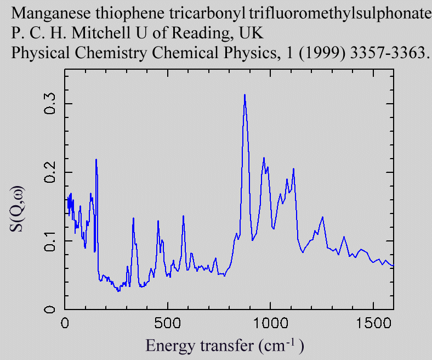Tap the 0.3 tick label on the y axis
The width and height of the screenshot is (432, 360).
tap(50, 103)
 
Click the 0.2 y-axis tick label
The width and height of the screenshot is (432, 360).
tap(50, 172)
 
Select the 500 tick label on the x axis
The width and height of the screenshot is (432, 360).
tap(168, 322)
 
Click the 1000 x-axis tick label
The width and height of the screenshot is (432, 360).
tap(270, 322)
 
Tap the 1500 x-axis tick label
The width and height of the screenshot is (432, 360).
tap(373, 322)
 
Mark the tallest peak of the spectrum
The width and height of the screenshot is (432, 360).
tap(245, 95)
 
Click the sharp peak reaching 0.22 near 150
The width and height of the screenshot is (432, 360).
tap(96, 160)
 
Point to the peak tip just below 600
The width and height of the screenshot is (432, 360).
tap(183, 216)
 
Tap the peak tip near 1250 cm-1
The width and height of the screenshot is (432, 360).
tap(322, 217)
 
